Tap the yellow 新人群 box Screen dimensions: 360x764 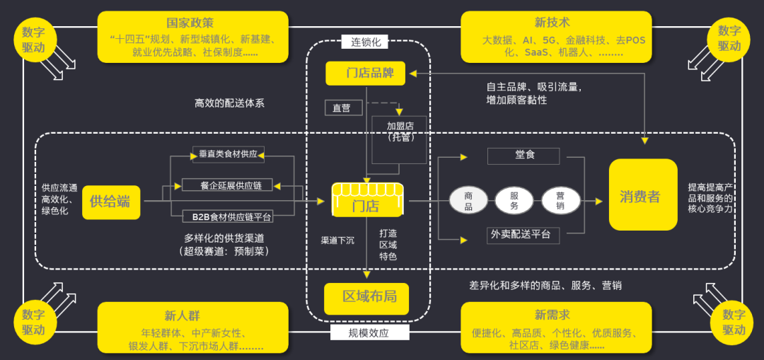(193, 327)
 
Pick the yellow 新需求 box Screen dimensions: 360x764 (556, 327)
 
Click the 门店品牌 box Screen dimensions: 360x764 (365, 73)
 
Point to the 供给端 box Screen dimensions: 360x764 (111, 202)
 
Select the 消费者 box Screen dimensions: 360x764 (642, 194)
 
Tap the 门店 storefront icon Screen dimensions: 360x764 (366, 200)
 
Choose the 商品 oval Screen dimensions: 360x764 (468, 201)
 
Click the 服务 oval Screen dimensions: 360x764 (514, 201)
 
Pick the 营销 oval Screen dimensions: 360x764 (561, 201)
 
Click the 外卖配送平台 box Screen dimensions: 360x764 (523, 234)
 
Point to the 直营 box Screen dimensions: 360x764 (343, 108)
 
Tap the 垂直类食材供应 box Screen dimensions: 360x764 (228, 153)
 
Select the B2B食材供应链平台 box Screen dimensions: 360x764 (228, 216)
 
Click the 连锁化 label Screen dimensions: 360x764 (366, 42)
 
